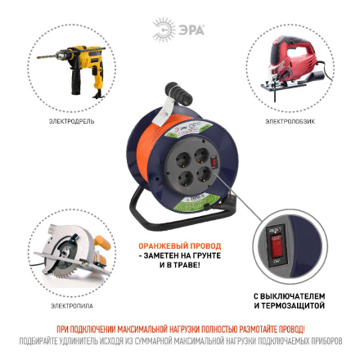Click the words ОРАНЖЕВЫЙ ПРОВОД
point(179,245)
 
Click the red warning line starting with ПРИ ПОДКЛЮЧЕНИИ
point(180,327)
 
